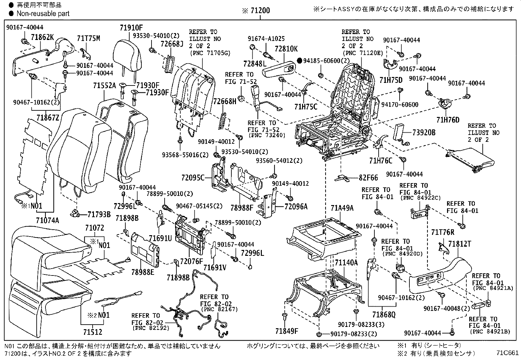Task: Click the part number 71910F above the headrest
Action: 131,28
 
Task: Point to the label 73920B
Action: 424,132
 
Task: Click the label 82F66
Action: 368,178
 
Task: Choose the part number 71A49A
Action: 342,208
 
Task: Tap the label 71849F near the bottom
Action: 287,331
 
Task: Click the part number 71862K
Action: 42,37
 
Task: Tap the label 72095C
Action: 193,178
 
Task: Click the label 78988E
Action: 143,272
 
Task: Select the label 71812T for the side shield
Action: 459,244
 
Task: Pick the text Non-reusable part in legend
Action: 43,13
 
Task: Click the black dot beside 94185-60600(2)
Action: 299,61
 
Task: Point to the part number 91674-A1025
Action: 266,38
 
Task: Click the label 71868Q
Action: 383,315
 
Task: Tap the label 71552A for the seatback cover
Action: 104,86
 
